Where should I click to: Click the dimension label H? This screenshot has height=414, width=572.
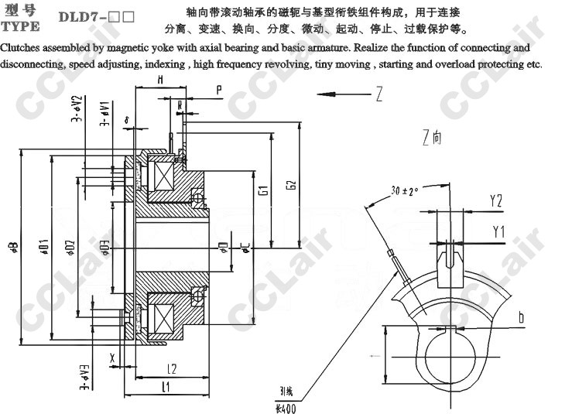tap(159, 80)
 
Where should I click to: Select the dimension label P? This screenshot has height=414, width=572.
tap(219, 90)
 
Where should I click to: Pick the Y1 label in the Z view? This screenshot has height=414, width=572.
tap(498, 231)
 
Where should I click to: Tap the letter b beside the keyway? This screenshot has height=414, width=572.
tap(522, 317)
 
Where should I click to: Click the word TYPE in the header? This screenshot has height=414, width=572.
tap(19, 26)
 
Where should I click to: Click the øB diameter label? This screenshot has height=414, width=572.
tap(13, 248)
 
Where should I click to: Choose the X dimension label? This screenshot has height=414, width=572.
tap(113, 358)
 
